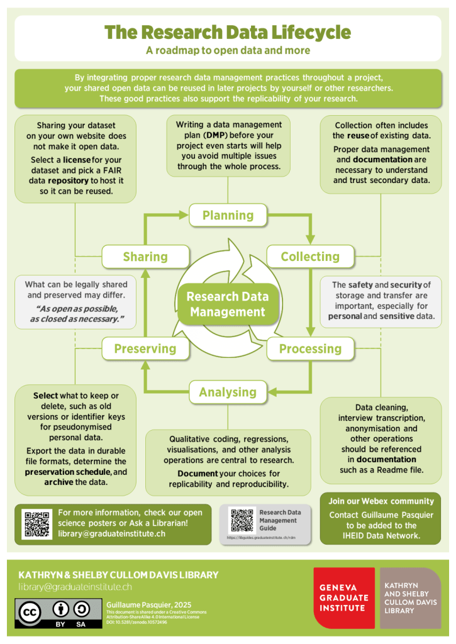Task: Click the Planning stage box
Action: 228,216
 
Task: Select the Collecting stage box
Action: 309,257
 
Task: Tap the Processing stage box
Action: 309,349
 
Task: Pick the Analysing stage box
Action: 228,392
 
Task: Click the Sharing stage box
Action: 145,257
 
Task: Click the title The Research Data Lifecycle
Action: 228,32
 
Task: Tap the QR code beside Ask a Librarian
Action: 37,524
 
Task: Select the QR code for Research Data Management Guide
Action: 242,520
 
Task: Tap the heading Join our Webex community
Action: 381,501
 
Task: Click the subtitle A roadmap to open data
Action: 228,50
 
